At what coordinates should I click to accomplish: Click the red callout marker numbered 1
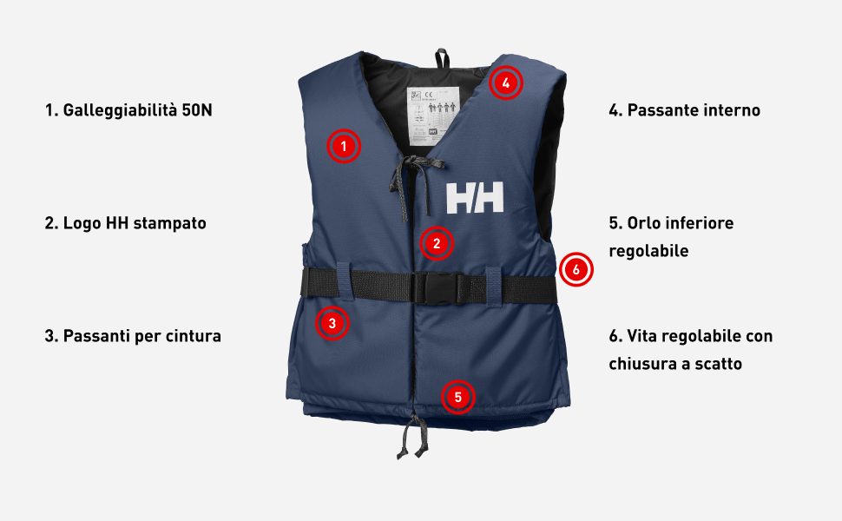(x=344, y=147)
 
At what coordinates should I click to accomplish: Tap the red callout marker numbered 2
(x=437, y=244)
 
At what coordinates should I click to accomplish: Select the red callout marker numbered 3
(x=332, y=324)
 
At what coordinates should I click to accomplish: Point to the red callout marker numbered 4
(x=506, y=82)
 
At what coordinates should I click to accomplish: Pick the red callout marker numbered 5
(x=457, y=398)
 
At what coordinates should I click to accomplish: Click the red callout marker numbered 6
(x=576, y=270)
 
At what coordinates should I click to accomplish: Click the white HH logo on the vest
(x=475, y=199)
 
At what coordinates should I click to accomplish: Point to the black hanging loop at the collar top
(x=441, y=57)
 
